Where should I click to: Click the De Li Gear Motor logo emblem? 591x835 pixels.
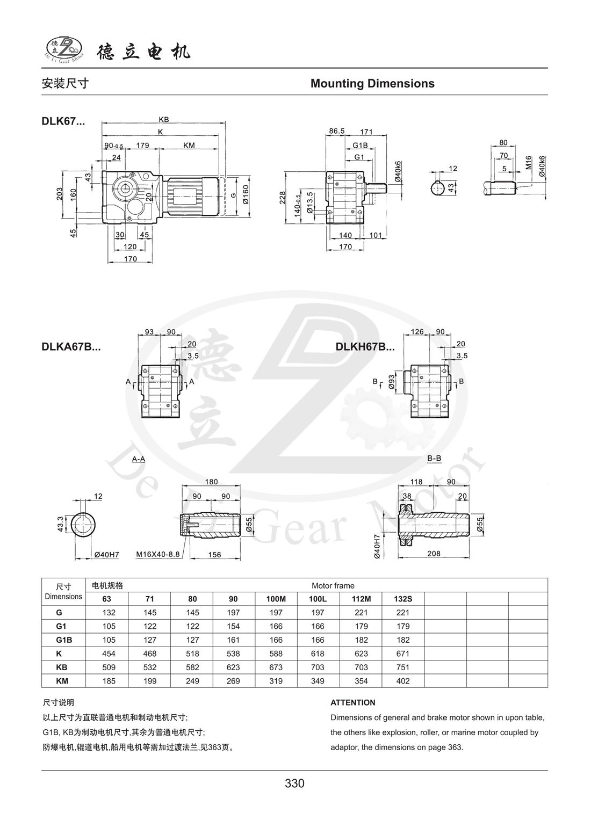(x=64, y=49)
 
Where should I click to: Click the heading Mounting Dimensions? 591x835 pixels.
(x=372, y=84)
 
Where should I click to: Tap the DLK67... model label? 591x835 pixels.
(x=63, y=121)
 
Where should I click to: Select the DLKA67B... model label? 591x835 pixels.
(x=71, y=347)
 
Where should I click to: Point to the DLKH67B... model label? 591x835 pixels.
(x=365, y=347)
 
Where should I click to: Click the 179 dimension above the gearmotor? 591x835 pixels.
(x=142, y=146)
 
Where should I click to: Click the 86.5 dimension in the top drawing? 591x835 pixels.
(x=337, y=131)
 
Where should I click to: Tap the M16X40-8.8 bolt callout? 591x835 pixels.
(x=157, y=554)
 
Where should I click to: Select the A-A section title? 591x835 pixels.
(x=138, y=459)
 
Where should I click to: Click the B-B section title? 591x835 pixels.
(x=434, y=459)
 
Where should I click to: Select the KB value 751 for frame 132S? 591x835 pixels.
(x=402, y=667)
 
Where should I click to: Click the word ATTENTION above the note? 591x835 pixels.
(x=352, y=702)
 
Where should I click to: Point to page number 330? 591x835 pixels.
(x=294, y=783)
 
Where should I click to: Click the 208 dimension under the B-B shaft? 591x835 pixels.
(x=434, y=554)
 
